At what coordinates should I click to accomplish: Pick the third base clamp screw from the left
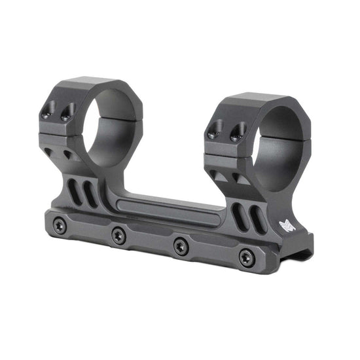click(179, 245)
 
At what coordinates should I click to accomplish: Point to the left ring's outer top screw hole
click(46, 113)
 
